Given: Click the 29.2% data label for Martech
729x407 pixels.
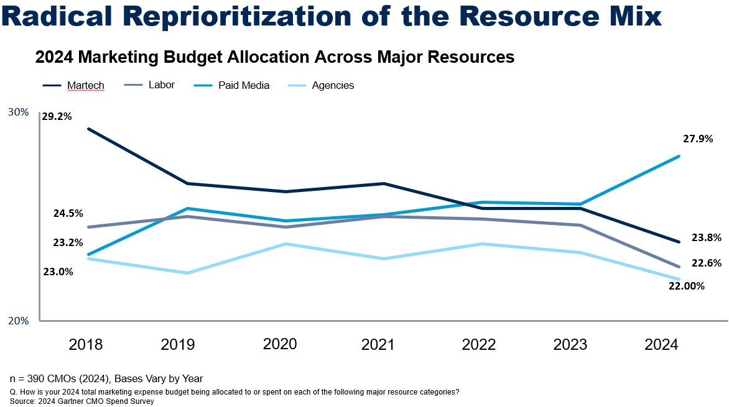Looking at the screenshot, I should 57,116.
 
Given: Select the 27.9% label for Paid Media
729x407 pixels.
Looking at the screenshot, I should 697,139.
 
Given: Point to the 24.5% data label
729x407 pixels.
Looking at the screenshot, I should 68,213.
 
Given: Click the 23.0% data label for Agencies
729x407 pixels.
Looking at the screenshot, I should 58,272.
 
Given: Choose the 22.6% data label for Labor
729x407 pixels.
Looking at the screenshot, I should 706,263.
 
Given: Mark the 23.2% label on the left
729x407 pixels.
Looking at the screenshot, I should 68,242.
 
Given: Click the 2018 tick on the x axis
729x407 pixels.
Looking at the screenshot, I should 86,344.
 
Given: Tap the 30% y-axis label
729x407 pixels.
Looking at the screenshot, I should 18,112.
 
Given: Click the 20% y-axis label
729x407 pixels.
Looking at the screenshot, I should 18,321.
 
